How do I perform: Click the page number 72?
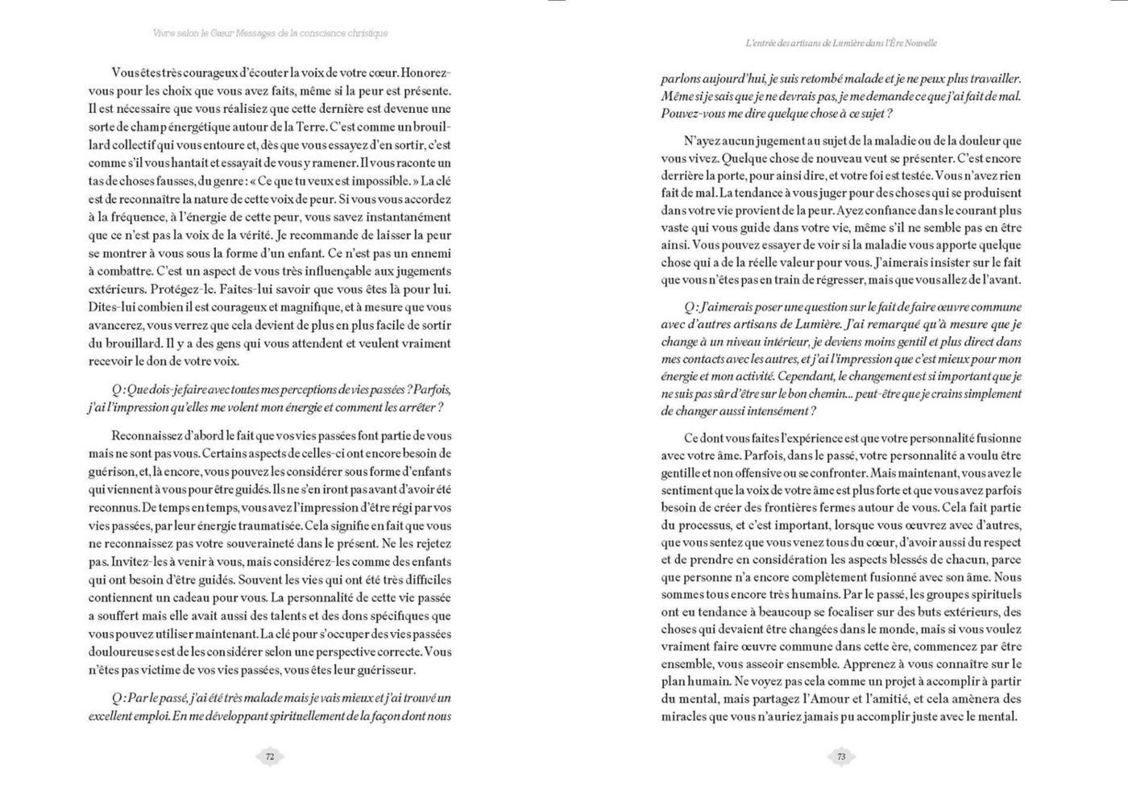coord(270,757)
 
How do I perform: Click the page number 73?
coord(841,757)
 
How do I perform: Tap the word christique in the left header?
coord(360,34)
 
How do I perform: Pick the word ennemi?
coord(429,252)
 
